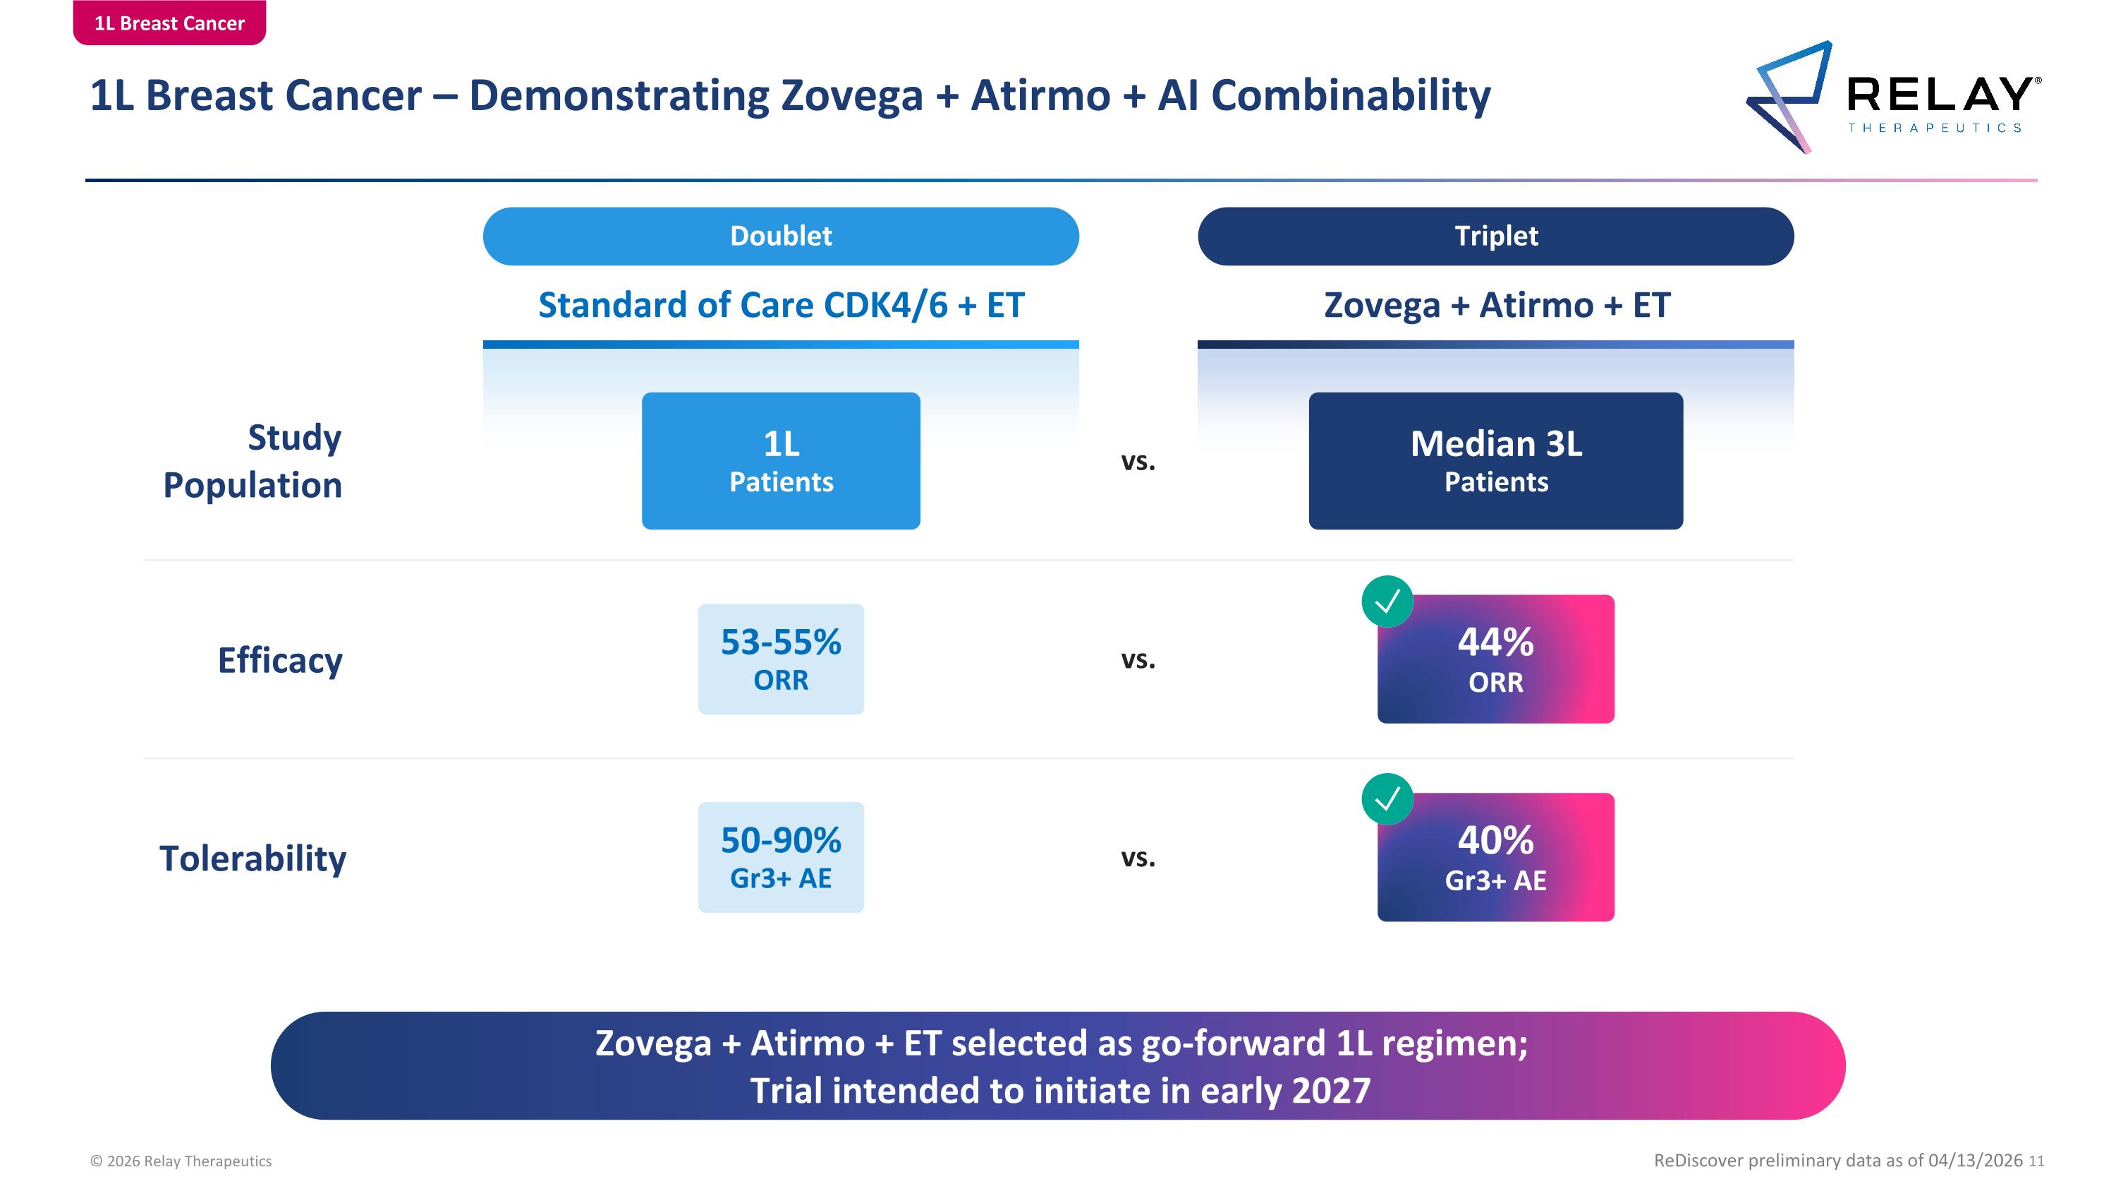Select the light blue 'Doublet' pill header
click(780, 236)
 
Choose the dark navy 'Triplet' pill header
click(1496, 236)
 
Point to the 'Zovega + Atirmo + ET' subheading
click(1497, 305)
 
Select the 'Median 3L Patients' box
click(1496, 460)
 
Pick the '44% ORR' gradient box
click(1496, 659)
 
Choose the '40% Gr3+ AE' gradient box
click(1496, 857)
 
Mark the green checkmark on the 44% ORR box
click(1387, 602)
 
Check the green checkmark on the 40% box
click(1387, 799)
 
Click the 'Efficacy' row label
click(280, 661)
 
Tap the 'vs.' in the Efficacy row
click(1138, 659)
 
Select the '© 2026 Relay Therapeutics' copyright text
click(181, 1161)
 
